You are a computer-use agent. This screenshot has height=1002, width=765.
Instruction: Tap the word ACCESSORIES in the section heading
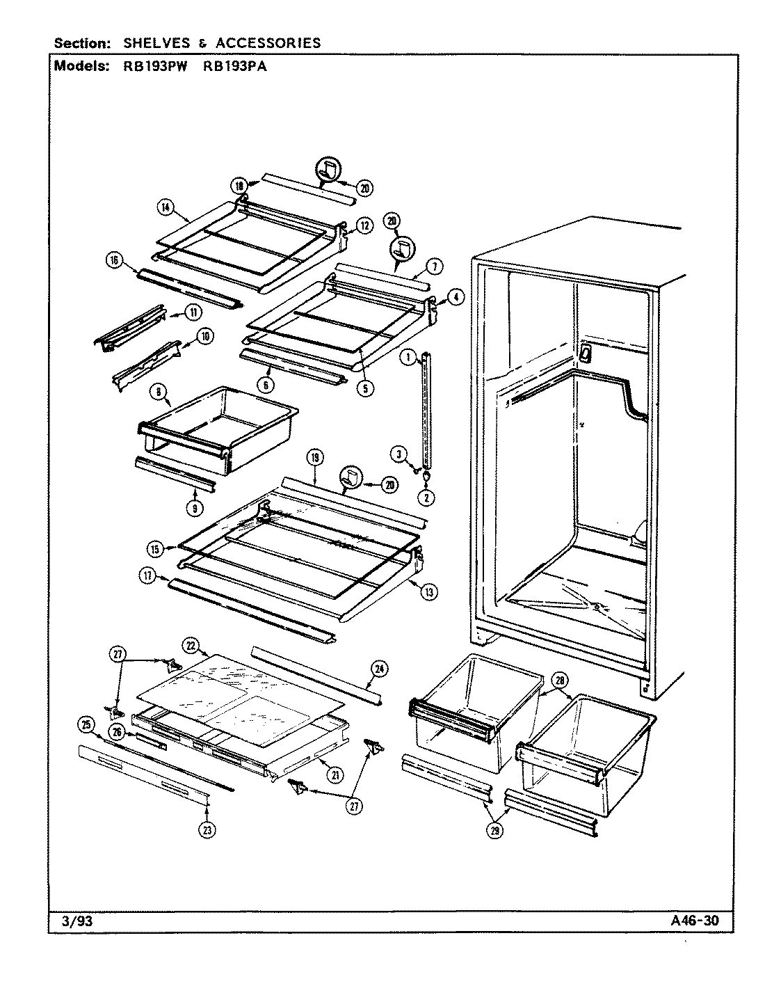click(x=268, y=42)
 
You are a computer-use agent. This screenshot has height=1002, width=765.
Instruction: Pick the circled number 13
click(x=428, y=591)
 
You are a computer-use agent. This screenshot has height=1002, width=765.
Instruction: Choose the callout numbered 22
click(x=188, y=644)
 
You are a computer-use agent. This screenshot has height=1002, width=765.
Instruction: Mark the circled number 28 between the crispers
click(x=560, y=680)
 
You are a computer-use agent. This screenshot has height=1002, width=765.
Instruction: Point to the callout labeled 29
click(x=494, y=830)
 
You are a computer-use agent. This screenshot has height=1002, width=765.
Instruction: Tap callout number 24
click(x=378, y=669)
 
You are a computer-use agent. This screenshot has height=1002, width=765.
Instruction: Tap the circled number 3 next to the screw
click(x=398, y=454)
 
